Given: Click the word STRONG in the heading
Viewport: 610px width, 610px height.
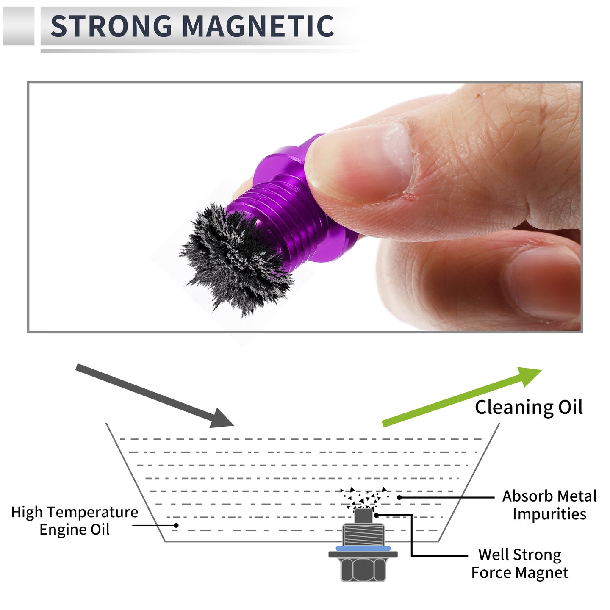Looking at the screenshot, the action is (111, 26).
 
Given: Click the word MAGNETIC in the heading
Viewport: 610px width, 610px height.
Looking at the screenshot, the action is (258, 26).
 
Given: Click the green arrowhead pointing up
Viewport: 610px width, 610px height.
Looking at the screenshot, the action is (529, 376).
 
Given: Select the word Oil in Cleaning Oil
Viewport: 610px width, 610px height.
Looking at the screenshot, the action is (570, 407).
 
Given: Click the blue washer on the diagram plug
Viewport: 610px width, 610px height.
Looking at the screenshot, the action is (363, 548).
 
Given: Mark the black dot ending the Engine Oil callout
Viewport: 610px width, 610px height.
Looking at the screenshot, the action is (176, 525).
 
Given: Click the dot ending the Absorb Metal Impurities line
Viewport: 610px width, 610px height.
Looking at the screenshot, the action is (399, 497).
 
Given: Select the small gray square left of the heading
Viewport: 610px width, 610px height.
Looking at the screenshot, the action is (18, 26).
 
